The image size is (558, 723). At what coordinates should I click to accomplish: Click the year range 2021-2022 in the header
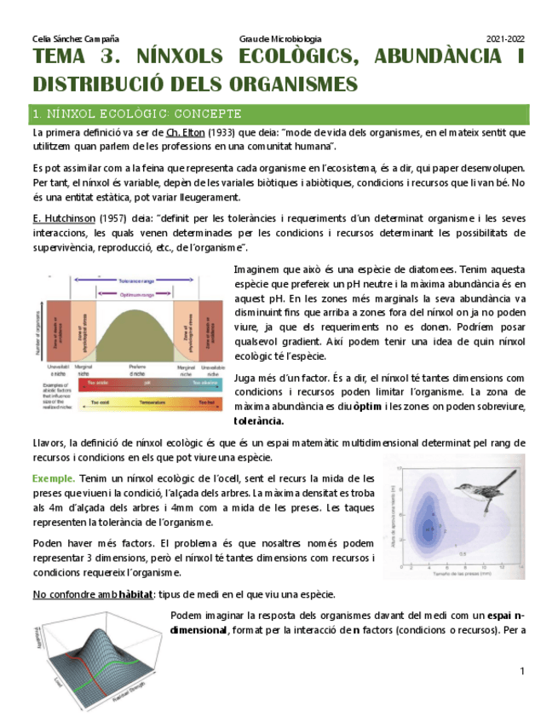(505, 39)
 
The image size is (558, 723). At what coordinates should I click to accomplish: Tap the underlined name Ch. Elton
(184, 133)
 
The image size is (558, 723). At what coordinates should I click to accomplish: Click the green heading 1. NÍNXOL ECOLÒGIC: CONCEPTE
(137, 113)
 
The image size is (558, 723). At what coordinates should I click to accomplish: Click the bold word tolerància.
(259, 421)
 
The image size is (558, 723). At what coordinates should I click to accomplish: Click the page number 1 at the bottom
(522, 672)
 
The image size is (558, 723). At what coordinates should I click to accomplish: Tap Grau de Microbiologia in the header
(280, 39)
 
